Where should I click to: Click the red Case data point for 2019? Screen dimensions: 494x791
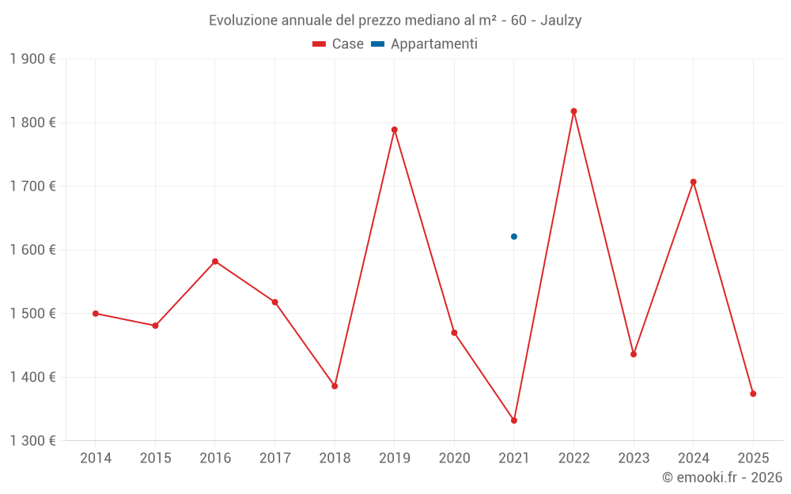(x=394, y=130)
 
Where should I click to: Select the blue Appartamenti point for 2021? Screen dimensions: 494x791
(x=514, y=236)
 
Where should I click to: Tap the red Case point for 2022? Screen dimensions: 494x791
(x=573, y=111)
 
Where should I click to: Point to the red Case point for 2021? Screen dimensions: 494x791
(x=514, y=420)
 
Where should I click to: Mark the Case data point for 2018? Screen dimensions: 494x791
(x=335, y=387)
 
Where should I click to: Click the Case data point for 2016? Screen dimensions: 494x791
(x=215, y=262)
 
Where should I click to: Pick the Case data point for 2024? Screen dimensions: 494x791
(x=693, y=182)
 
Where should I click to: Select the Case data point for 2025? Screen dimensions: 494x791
(x=753, y=394)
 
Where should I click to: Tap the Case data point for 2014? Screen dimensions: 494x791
(x=96, y=314)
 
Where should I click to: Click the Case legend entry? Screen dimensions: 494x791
(x=339, y=44)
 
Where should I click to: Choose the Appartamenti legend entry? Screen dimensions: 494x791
(x=426, y=44)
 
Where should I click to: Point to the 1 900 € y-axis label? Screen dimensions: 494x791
(x=33, y=59)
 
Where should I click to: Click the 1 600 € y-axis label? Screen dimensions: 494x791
(x=33, y=250)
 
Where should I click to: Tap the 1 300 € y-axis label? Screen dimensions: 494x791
(x=33, y=441)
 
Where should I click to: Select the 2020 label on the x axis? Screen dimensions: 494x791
(x=454, y=458)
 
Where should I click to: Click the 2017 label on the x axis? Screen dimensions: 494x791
(x=274, y=458)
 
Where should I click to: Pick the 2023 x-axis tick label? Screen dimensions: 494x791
(x=634, y=458)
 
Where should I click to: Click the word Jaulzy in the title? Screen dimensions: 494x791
(x=561, y=21)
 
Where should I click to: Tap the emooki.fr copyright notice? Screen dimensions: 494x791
(x=721, y=477)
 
